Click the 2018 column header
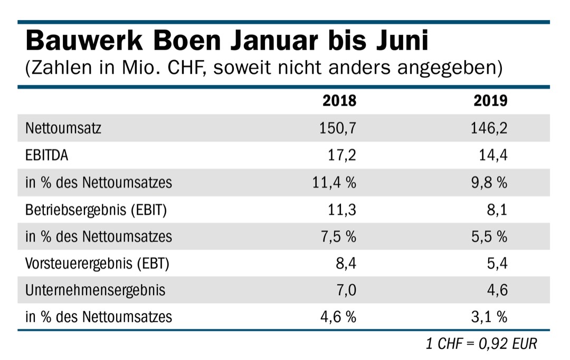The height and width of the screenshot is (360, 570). coord(339,100)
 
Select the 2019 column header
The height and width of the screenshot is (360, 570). coord(490,100)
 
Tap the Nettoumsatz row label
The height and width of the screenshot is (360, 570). coord(63,128)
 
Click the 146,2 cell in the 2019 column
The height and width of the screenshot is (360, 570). coord(489,128)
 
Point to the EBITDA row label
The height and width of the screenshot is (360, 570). coord(46,155)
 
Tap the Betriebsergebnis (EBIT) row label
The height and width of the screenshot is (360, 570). coord(96,210)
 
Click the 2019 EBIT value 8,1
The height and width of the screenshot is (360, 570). coord(498,210)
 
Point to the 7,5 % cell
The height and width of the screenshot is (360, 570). coord(339,236)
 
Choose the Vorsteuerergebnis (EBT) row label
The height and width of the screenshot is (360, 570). coord(97,263)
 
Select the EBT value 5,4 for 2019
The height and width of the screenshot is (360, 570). coord(497,263)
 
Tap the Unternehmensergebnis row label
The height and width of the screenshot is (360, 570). coord(95,290)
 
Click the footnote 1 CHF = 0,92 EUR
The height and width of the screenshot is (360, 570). coord(481,344)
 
